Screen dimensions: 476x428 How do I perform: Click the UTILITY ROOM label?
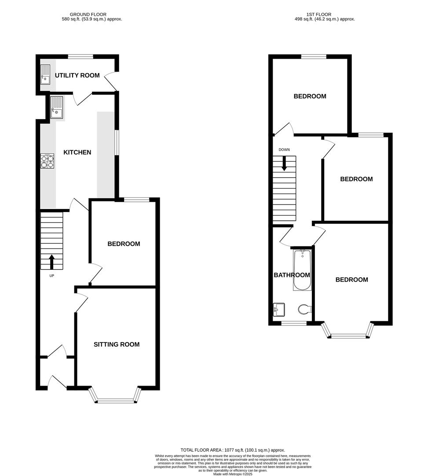click(x=77, y=75)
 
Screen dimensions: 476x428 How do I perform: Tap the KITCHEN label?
click(x=77, y=152)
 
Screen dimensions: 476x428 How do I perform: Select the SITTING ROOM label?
click(x=117, y=344)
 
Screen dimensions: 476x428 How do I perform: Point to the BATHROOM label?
click(x=292, y=275)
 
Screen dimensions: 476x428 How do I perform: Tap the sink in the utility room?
click(x=45, y=74)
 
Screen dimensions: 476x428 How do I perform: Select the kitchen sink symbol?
click(x=56, y=108)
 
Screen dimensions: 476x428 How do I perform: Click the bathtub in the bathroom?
click(x=302, y=270)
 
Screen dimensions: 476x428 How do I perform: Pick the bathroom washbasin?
click(x=278, y=309)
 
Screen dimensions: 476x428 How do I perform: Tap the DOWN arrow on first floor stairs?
click(x=284, y=164)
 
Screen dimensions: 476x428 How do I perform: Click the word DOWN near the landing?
click(x=284, y=150)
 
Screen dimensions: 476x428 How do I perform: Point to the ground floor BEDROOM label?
click(x=124, y=244)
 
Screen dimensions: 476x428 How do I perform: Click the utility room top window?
click(x=80, y=56)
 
